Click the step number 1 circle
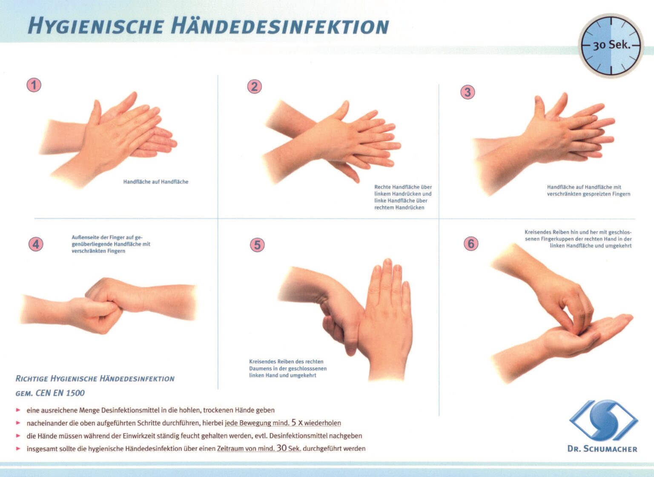click(x=34, y=84)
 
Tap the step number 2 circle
click(x=254, y=86)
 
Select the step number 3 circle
click(x=468, y=92)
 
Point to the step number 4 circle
click(x=36, y=244)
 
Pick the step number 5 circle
click(x=257, y=245)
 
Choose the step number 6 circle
click(x=470, y=244)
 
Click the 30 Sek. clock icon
click(x=611, y=46)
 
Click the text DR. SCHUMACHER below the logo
click(x=602, y=449)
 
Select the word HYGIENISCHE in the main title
click(x=96, y=26)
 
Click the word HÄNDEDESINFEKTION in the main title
click(x=280, y=26)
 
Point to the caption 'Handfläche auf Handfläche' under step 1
click(x=155, y=182)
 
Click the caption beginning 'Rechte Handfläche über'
click(x=403, y=197)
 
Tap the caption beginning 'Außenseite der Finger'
click(x=111, y=244)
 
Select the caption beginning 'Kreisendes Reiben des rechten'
click(x=288, y=368)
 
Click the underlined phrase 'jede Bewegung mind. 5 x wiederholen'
click(x=283, y=423)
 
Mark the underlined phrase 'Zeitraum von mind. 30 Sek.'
click(x=259, y=448)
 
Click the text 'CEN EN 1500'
click(x=60, y=393)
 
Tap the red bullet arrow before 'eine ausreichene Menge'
click(x=18, y=410)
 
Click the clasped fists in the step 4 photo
click(x=104, y=305)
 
